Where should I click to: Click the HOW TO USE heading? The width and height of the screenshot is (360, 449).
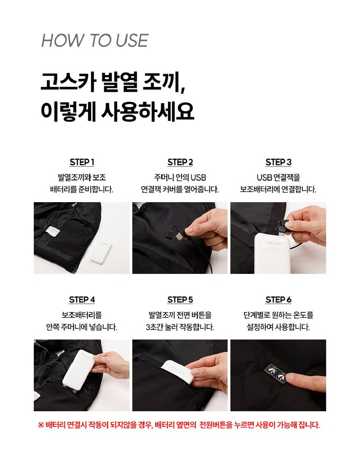[94, 41]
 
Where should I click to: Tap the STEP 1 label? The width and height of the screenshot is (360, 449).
[82, 162]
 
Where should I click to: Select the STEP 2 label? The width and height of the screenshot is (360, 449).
[180, 162]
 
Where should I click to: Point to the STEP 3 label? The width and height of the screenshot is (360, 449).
[278, 162]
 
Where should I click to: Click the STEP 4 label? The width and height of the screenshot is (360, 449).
[82, 300]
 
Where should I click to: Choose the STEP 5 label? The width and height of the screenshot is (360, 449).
[180, 300]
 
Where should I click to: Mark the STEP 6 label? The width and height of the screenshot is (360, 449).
[278, 300]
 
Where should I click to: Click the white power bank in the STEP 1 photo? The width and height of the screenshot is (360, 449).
[101, 251]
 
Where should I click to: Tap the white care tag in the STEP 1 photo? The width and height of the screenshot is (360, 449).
[52, 231]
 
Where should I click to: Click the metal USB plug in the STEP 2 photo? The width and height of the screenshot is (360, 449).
[180, 236]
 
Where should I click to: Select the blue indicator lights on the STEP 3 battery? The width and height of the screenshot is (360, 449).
[274, 244]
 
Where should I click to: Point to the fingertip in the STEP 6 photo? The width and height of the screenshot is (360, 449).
[290, 377]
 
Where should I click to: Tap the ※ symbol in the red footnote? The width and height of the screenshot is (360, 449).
[40, 425]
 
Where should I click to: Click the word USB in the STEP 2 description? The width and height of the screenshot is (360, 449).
[198, 177]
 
